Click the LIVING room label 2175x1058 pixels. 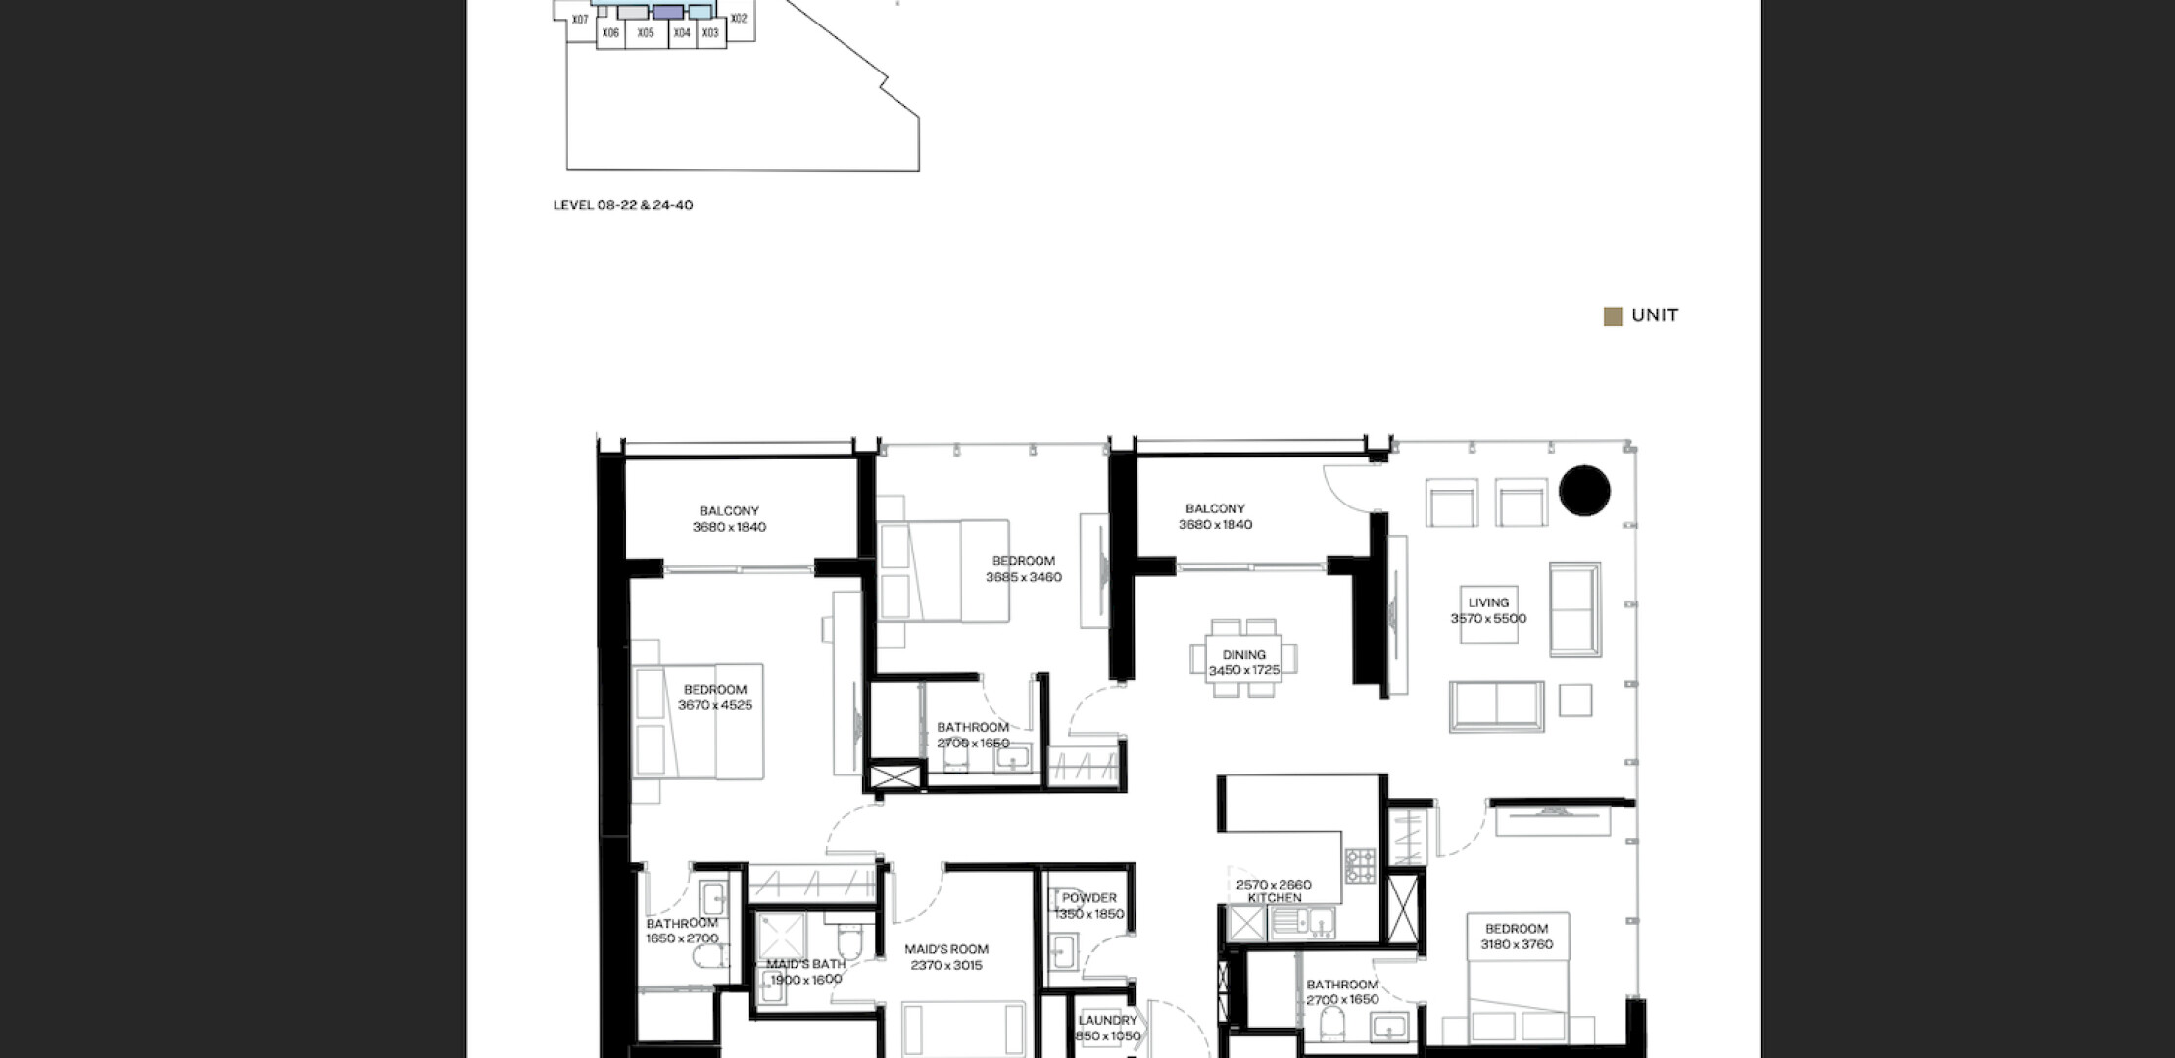[1488, 602]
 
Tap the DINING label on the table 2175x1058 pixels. [1244, 655]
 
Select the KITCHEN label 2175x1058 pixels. [1275, 898]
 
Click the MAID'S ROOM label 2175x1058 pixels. [946, 949]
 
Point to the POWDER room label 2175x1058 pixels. [1089, 898]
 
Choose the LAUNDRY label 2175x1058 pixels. [1108, 1021]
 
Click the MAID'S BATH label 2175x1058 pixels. [806, 964]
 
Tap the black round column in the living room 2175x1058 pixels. [1584, 491]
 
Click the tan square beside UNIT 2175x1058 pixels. [1613, 316]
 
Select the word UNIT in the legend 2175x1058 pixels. [1656, 315]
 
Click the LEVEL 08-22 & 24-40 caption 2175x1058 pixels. [623, 205]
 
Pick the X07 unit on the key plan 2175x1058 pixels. [580, 20]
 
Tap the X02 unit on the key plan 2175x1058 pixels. [739, 19]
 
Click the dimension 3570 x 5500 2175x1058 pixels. [1488, 619]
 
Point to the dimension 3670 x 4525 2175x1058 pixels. [715, 705]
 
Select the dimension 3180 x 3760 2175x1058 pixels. [1517, 944]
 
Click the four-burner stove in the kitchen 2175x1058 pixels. [1359, 866]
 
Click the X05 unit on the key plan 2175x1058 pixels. [646, 33]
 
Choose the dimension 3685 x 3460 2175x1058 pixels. [1024, 578]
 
